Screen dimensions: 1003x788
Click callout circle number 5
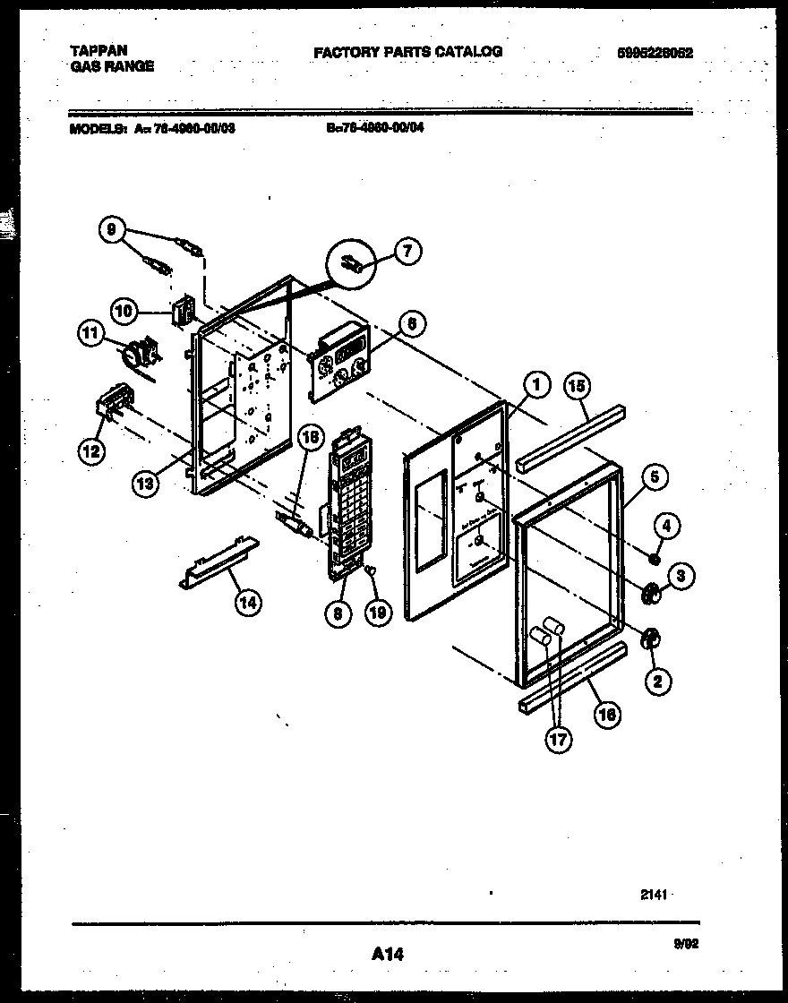[654, 477]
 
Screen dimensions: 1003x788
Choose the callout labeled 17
[559, 739]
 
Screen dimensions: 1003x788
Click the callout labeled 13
[145, 483]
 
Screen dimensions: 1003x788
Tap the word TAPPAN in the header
[98, 50]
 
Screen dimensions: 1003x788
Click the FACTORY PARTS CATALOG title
[407, 52]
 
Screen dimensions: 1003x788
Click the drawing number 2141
[655, 896]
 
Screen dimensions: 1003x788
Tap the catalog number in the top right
[655, 53]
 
